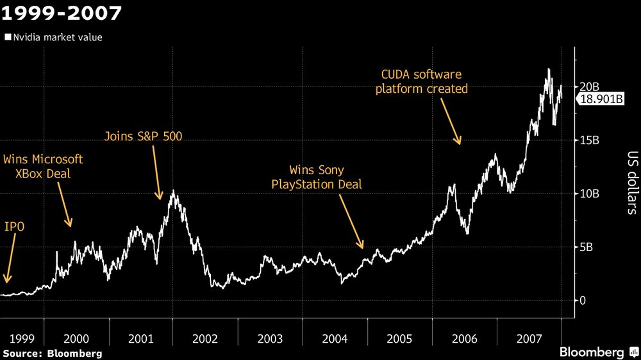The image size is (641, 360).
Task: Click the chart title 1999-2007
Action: tap(62, 12)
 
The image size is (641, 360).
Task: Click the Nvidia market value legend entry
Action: tap(53, 37)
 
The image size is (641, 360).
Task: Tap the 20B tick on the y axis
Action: tap(590, 86)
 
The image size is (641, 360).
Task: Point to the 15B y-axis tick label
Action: tap(590, 140)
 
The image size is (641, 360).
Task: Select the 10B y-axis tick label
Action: tap(590, 193)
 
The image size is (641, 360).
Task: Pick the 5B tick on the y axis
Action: tap(588, 247)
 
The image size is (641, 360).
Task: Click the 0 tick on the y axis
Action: tap(583, 300)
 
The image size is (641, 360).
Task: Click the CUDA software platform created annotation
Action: tap(422, 81)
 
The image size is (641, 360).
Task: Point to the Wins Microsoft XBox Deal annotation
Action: tap(43, 166)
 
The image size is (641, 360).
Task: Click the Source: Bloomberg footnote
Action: tap(52, 353)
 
